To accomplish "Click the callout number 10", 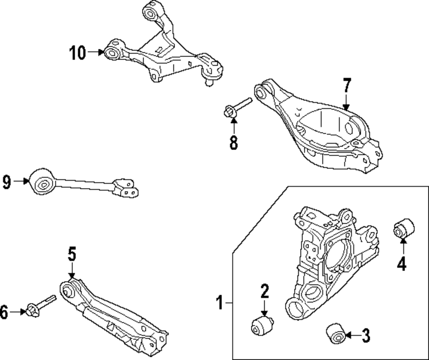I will [x=78, y=53].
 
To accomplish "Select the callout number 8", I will [x=233, y=142].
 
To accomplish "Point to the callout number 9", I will [x=6, y=182].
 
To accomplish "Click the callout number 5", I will [x=71, y=254].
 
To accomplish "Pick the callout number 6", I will [x=4, y=312].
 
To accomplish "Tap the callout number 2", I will [x=264, y=292].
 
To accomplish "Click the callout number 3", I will [x=366, y=336].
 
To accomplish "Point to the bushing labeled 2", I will [x=261, y=325].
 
